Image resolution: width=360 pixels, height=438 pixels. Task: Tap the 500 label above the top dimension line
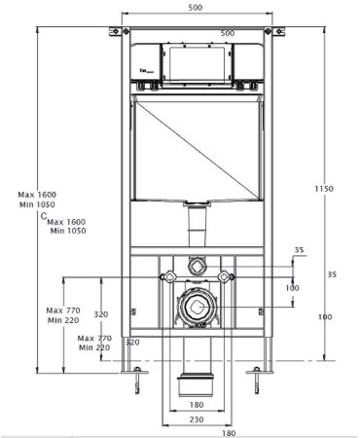pos(195,8)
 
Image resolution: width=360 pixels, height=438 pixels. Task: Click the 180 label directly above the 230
pos(195,404)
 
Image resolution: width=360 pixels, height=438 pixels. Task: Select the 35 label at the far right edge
pos(331,275)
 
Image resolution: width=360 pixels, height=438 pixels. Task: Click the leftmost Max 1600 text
pos(35,195)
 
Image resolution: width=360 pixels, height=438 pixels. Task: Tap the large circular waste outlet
pos(195,310)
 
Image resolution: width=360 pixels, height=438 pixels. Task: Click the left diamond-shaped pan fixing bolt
pos(162,279)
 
